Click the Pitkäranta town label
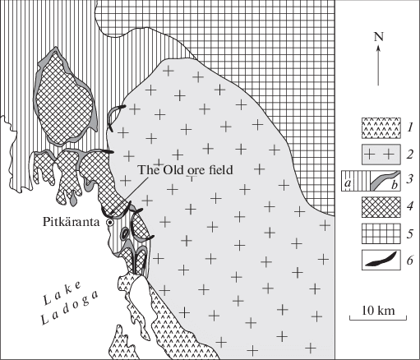point(71,222)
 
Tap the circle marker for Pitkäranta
point(110,223)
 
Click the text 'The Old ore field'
point(186,170)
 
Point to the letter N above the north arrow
point(378,37)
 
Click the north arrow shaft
point(378,66)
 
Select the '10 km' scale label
point(378,311)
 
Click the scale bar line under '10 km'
point(378,319)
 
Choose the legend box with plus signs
point(381,155)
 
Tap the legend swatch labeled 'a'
point(356,181)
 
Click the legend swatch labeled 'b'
point(385,181)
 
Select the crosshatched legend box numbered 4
point(381,207)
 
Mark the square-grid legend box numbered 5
point(381,233)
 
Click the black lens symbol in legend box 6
point(381,260)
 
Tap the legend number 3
point(409,181)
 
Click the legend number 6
point(409,260)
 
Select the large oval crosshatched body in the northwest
point(65,98)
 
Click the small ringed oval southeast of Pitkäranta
point(125,233)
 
